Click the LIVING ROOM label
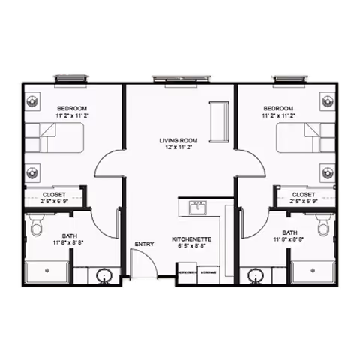(179, 140)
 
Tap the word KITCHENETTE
(191, 238)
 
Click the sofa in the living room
(220, 121)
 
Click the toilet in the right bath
(323, 224)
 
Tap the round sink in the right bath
(256, 275)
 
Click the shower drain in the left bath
(47, 268)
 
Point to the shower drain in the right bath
(312, 268)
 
